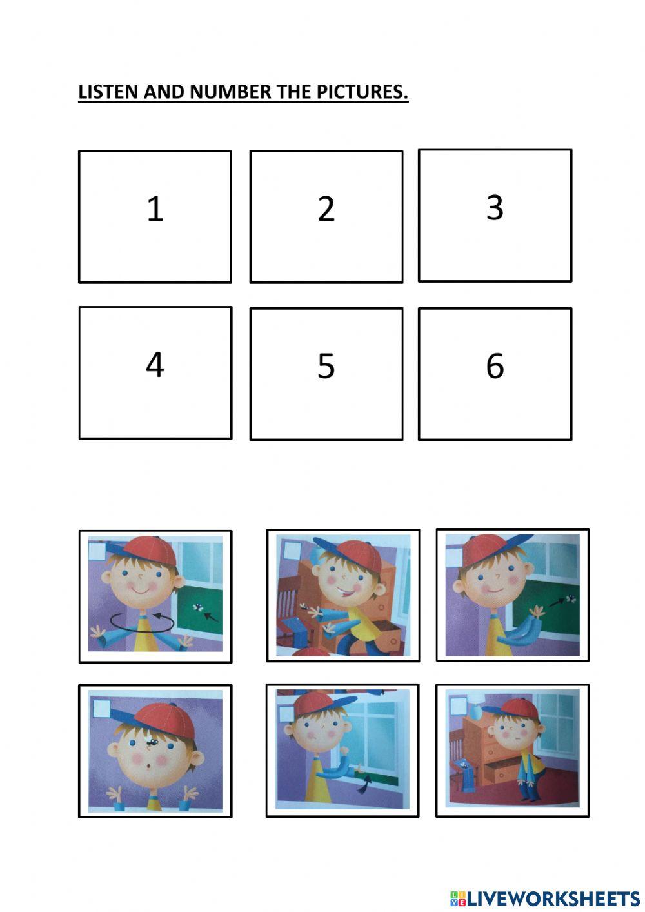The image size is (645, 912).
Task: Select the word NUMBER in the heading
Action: point(231,92)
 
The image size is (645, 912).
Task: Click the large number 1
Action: point(155,209)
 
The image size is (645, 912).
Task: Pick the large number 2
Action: point(326,209)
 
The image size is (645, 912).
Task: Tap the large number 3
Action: point(495,208)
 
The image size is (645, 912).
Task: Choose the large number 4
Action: point(155,365)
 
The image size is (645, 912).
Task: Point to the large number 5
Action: point(326,366)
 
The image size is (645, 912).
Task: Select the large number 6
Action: point(495,366)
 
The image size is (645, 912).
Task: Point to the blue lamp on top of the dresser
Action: point(474,712)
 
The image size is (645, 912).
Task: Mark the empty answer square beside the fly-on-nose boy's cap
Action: point(101,709)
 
